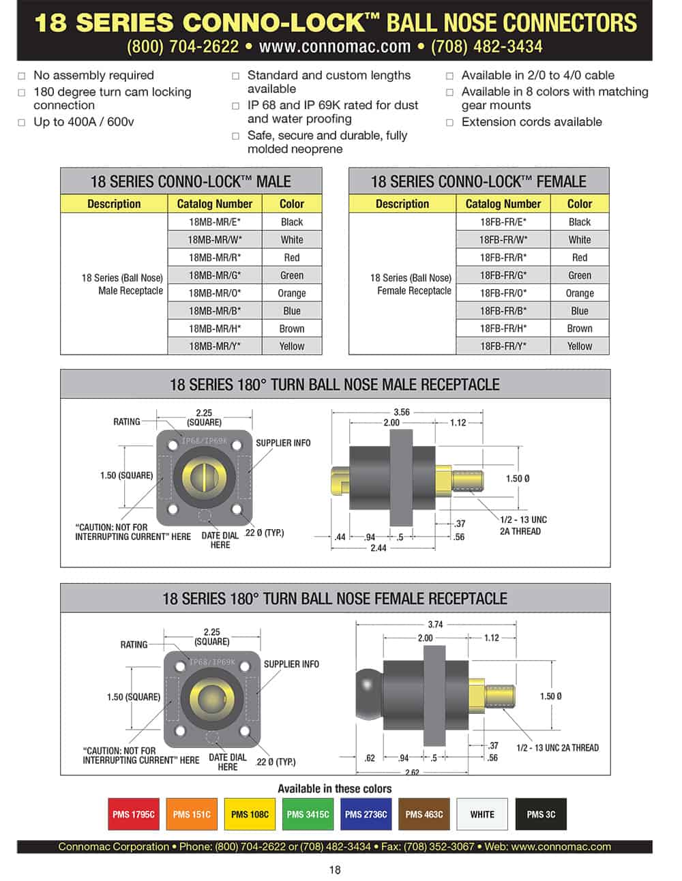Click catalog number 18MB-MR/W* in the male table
point(215,240)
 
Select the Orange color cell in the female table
point(580,293)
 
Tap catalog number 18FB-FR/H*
point(503,329)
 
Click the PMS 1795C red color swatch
point(134,814)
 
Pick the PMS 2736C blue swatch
point(366,814)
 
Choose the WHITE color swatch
point(482,814)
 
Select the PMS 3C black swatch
point(541,814)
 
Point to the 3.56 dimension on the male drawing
point(402,413)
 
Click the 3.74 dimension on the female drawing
point(435,625)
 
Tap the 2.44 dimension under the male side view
point(378,548)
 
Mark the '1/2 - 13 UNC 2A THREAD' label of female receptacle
point(557,748)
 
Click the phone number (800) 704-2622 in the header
point(182,47)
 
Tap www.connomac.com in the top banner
point(334,47)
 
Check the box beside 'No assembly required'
point(23,76)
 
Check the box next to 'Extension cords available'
point(449,123)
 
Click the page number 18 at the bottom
point(334,869)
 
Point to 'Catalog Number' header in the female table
point(503,204)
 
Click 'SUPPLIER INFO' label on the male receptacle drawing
point(283,443)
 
